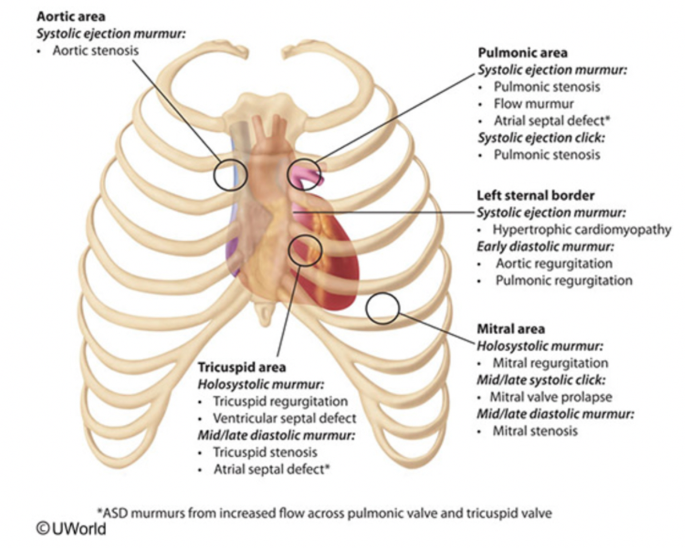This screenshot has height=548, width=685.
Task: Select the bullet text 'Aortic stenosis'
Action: click(95, 51)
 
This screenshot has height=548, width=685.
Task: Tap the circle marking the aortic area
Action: click(231, 174)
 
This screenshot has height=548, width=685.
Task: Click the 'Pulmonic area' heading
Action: click(522, 53)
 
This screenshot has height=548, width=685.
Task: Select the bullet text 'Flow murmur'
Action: click(533, 104)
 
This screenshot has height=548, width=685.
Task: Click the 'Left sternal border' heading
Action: click(535, 196)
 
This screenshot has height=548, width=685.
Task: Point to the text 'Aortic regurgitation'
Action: click(554, 263)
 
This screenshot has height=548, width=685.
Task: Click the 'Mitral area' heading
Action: click(510, 329)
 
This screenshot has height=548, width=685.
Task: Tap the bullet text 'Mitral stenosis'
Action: click(535, 431)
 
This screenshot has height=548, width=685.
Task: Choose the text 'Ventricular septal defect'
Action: click(284, 418)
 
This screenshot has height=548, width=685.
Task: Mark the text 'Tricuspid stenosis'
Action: click(265, 452)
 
